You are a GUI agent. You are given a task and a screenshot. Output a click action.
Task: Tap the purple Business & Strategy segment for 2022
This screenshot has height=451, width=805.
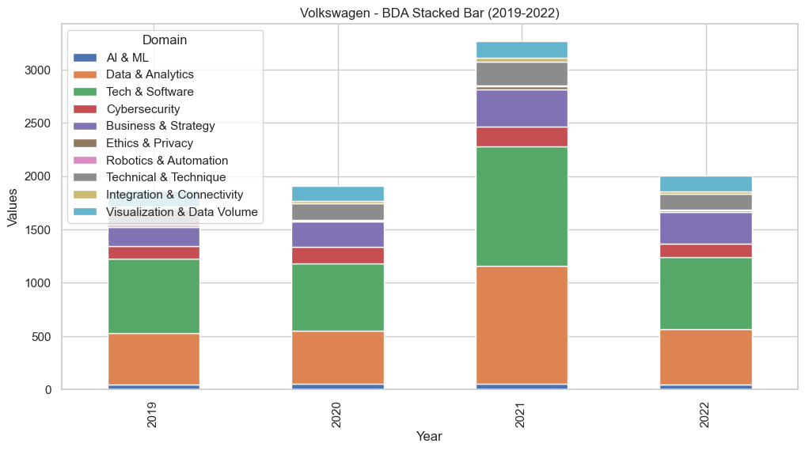click(x=706, y=228)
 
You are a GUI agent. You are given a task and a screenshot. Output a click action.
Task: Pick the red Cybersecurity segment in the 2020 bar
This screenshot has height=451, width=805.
click(x=338, y=256)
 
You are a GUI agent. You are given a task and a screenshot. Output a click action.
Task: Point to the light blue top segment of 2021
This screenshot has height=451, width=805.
click(x=522, y=49)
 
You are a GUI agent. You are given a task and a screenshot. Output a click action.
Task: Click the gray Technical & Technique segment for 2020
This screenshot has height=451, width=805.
click(x=338, y=212)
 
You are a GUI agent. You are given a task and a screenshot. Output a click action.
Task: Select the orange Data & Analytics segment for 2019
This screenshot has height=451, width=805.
click(x=154, y=359)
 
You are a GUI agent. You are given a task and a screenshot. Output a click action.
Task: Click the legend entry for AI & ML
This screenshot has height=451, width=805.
click(x=127, y=58)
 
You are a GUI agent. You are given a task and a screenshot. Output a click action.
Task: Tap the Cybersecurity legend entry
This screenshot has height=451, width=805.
click(x=143, y=109)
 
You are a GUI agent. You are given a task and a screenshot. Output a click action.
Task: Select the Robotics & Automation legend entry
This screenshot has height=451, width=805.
click(x=167, y=161)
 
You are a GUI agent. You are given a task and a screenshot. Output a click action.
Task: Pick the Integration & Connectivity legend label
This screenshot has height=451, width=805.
click(x=175, y=195)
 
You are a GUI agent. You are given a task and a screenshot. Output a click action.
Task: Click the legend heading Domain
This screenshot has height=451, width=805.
click(x=165, y=40)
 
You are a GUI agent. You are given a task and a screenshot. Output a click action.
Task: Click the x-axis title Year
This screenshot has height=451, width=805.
click(x=428, y=437)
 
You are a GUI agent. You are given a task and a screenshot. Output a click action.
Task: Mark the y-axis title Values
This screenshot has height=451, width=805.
click(x=13, y=209)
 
